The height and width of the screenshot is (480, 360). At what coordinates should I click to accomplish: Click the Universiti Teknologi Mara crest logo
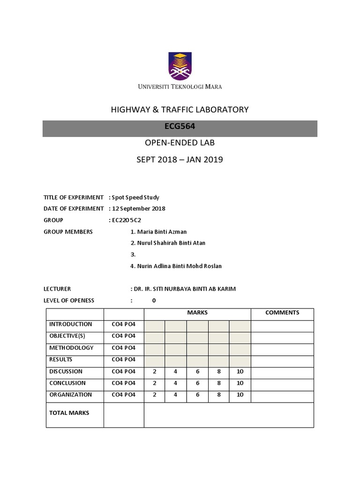pos(180,66)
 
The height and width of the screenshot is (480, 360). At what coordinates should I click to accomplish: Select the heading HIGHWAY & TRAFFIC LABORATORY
pos(180,110)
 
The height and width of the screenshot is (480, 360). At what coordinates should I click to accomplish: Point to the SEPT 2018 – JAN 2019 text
pos(180,160)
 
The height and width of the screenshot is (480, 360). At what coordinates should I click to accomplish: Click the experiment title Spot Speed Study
pos(135,197)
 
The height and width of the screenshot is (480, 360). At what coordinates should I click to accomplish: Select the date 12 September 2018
pos(138,209)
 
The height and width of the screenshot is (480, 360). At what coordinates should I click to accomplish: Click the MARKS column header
pos(197,313)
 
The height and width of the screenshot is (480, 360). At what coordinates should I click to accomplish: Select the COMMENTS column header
pos(282,313)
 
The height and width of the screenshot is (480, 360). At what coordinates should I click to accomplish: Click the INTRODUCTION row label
pos(71,324)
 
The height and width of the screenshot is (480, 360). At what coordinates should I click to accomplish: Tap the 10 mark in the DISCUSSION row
pos(240,371)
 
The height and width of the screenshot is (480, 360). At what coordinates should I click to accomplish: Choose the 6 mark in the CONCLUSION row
pos(198,383)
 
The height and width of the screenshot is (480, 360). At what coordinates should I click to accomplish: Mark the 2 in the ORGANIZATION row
pos(154,395)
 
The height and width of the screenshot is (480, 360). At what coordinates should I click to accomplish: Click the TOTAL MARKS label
pos(69,413)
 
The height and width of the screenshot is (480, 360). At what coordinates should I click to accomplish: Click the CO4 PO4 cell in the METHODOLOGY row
pos(123,348)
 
